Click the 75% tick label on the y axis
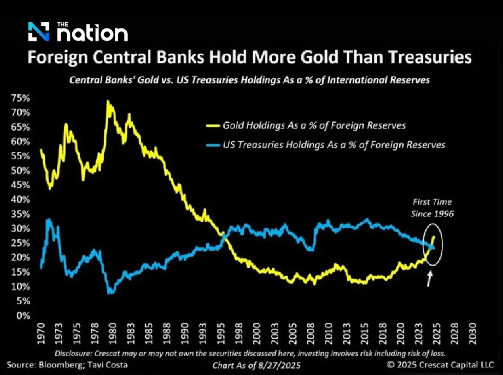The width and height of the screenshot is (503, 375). (20, 98)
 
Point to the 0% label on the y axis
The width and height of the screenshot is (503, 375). (23, 316)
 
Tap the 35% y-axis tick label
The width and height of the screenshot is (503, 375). (20, 214)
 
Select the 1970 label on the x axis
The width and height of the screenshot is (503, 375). (41, 333)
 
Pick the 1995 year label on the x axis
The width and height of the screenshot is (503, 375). (221, 333)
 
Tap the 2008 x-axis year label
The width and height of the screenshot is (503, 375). (311, 333)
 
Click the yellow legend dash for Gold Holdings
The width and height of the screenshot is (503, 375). (213, 126)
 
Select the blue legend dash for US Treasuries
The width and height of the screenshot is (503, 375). (213, 145)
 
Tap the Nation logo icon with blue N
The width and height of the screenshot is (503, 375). (38, 31)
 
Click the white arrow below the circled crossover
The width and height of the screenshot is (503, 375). (429, 279)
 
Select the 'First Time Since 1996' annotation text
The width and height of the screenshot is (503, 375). (432, 208)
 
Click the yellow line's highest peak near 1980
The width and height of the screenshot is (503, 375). (108, 101)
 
